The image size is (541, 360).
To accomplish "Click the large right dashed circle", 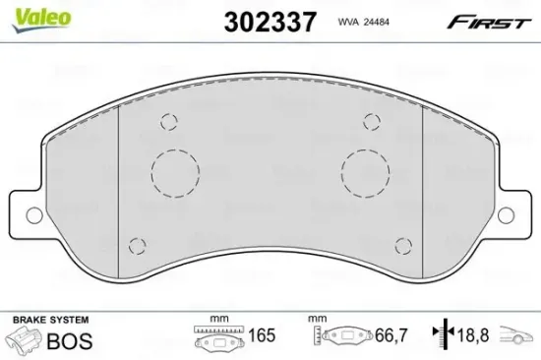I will point(364,174).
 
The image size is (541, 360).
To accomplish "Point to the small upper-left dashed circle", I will point(169,122).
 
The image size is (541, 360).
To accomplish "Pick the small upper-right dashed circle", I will point(372,121).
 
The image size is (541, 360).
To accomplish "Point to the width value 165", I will point(262,336).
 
